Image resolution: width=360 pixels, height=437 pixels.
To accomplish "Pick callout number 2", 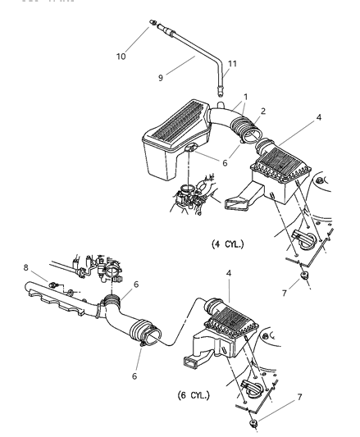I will tap(262, 110).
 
